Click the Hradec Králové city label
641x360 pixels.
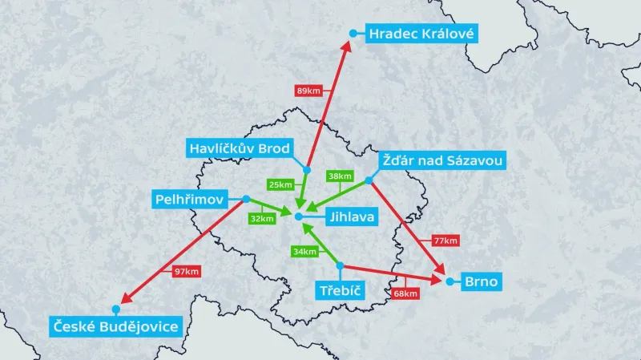click(421, 34)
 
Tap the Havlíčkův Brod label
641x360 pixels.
click(239, 148)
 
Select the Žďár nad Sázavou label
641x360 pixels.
click(441, 161)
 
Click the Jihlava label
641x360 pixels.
click(347, 216)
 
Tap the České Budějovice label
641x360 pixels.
click(115, 326)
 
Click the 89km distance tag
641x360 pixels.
click(308, 91)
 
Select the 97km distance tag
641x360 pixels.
click(186, 272)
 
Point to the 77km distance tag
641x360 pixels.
click(445, 241)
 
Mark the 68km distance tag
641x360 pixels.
click(405, 293)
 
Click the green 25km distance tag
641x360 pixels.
click(280, 184)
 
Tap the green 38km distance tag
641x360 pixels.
click(340, 176)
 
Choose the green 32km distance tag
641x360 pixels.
click(262, 218)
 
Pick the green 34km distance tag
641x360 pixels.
click(304, 252)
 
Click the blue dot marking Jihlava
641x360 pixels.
click(298, 216)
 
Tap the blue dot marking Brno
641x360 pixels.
click(450, 281)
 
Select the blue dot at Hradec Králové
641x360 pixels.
click(353, 33)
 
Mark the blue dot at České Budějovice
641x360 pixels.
click(116, 309)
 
